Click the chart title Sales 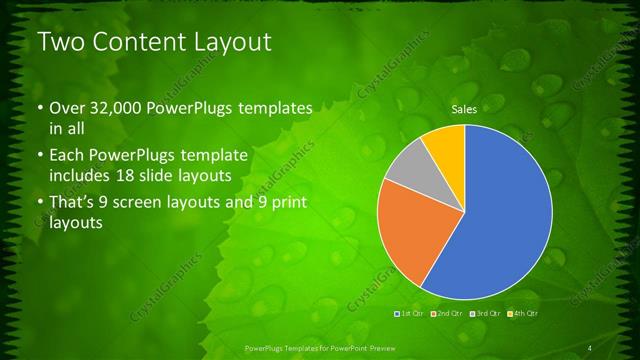click(x=463, y=108)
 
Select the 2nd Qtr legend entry click(x=447, y=314)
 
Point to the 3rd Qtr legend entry click(x=485, y=314)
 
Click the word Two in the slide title click(x=61, y=43)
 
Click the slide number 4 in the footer click(x=589, y=347)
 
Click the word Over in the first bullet click(x=66, y=107)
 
